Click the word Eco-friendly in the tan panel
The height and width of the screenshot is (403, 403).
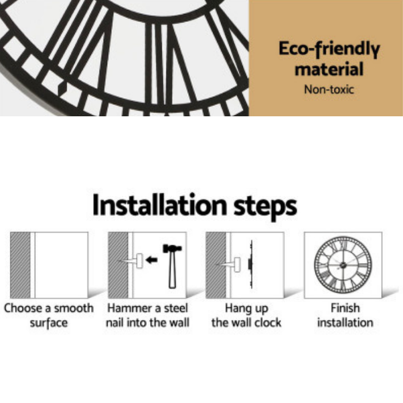coord(329,49)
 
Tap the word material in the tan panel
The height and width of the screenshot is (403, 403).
coord(329,69)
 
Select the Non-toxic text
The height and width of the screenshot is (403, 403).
coord(329,89)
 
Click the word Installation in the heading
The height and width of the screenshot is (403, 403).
coord(159,206)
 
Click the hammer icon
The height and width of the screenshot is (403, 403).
coord(172,266)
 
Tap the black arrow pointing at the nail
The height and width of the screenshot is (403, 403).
coord(151,260)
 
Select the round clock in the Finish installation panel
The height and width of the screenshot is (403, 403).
coord(343,265)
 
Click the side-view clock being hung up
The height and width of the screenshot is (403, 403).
coord(250,264)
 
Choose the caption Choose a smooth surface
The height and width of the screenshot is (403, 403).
coord(49,315)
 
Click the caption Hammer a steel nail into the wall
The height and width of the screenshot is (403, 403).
coord(147,315)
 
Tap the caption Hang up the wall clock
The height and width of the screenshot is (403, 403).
coord(246,315)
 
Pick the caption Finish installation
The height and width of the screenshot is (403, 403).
coord(345,315)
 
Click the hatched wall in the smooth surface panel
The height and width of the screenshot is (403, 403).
coord(20,265)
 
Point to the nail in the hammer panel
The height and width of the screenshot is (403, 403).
coord(131,261)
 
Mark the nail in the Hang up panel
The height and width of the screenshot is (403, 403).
coord(228,264)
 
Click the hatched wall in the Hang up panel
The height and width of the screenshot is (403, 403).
coord(216,265)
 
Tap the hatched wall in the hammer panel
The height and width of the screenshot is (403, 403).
coord(118,265)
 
